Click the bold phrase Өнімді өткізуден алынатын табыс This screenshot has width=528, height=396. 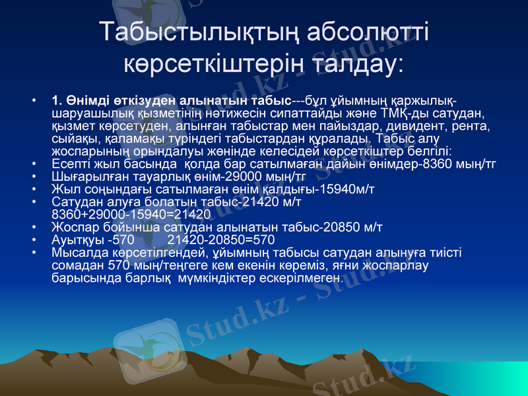click(x=172, y=100)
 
